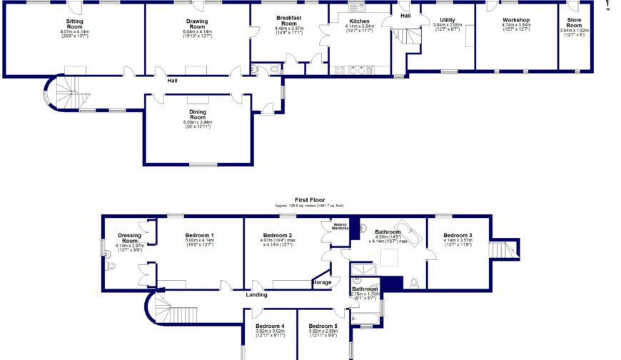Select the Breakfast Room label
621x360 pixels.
coord(289,21)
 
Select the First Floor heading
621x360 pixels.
coord(310,201)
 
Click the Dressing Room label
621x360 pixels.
coord(129,239)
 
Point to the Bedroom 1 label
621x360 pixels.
coord(200,236)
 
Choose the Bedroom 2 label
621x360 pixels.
coord(278,236)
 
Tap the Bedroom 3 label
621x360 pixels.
coord(458,236)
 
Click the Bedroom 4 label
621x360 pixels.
coord(270,326)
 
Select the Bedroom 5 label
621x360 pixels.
coord(323,326)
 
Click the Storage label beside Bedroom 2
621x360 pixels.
coord(322,282)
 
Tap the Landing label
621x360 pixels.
coord(256,294)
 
